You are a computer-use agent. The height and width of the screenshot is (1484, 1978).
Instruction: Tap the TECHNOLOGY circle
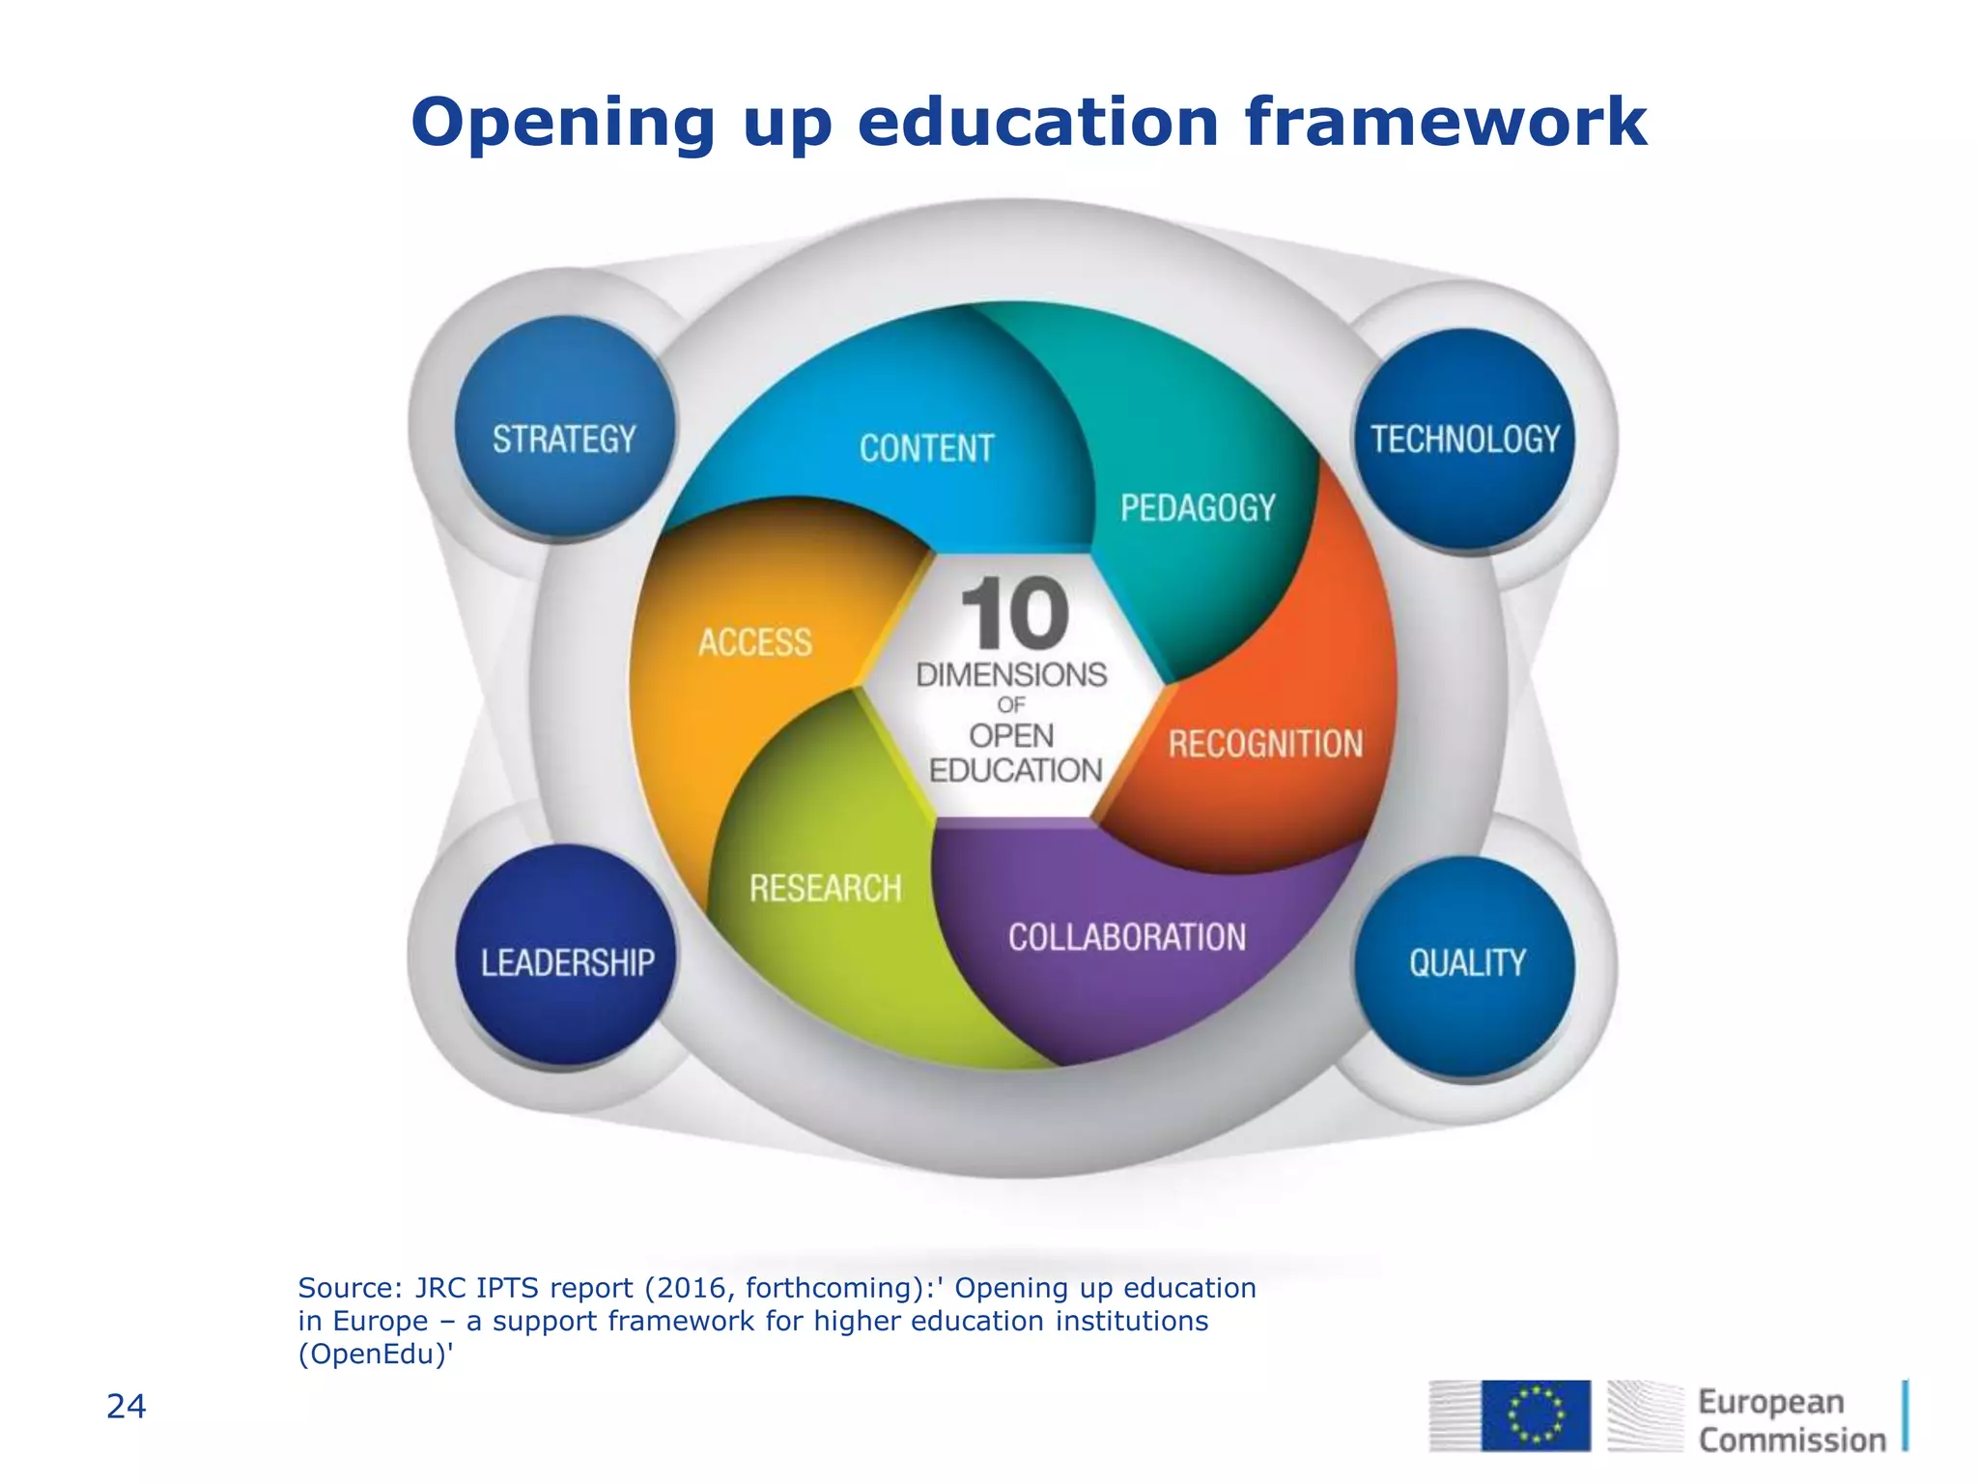(1464, 440)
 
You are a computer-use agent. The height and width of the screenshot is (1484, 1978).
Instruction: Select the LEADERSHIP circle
(567, 956)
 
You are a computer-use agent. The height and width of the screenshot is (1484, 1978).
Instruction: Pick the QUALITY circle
(1465, 965)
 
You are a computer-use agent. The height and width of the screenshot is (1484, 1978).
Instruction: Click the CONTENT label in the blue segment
(926, 448)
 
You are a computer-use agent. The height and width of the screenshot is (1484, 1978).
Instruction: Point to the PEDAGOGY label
(1198, 507)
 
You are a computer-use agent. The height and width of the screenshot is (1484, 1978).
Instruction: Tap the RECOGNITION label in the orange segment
(1265, 744)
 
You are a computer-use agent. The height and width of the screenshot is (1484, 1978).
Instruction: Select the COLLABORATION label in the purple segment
(1127, 937)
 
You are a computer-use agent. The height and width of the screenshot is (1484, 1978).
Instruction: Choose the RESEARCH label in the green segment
(825, 888)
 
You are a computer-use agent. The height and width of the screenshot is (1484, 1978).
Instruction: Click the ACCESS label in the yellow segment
(755, 642)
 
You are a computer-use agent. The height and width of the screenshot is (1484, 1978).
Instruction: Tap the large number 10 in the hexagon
(1014, 614)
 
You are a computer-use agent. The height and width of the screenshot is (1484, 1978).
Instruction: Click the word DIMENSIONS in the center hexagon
(1011, 674)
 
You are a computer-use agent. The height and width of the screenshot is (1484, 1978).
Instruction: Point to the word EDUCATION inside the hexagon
(1015, 770)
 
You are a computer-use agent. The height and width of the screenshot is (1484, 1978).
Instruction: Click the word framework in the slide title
(1445, 123)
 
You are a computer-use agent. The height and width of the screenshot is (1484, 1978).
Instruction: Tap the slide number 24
(126, 1407)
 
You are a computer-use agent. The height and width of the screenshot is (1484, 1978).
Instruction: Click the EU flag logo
(1536, 1414)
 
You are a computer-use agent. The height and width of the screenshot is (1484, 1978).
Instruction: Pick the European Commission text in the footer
(1791, 1420)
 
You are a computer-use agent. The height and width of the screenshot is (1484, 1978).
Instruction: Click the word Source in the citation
(344, 1288)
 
